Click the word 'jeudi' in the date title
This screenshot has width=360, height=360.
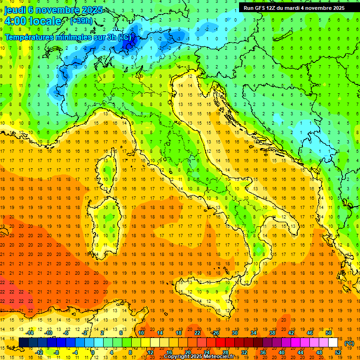pyautogui.click(x=16, y=9)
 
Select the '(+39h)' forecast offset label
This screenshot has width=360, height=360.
pyautogui.click(x=81, y=21)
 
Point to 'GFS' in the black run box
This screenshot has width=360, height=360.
pyautogui.click(x=261, y=7)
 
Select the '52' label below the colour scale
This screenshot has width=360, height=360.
pyautogui.click(x=338, y=352)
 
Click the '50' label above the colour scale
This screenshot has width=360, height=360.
pyautogui.click(x=329, y=333)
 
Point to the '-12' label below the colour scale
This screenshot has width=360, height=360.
pyautogui.click(x=39, y=352)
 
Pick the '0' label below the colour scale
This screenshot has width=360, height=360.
pyautogui.click(x=92, y=352)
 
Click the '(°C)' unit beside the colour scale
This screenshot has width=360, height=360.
pyautogui.click(x=349, y=343)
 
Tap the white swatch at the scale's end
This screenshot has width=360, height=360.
pyautogui.click(x=333, y=343)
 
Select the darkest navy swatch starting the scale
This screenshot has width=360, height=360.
pyautogui.click(x=23, y=343)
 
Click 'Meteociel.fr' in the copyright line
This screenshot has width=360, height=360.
pyautogui.click(x=221, y=357)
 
